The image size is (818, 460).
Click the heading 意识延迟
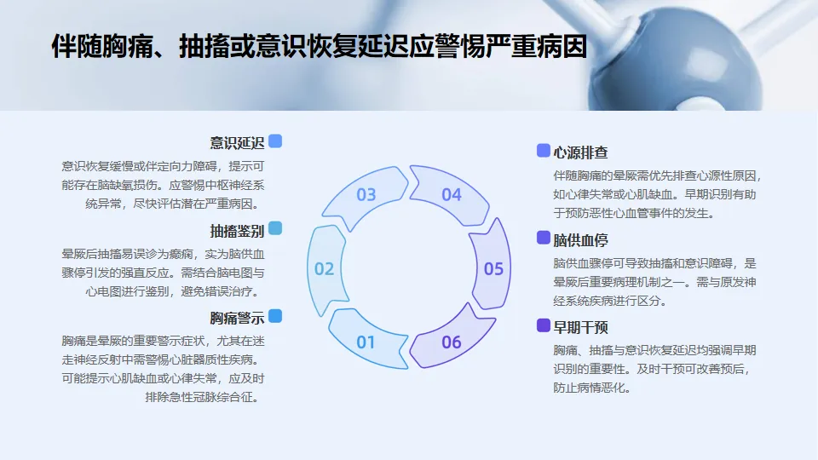pos(237,143)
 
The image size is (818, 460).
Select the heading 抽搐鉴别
pos(237,231)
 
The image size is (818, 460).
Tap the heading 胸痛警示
pos(237,319)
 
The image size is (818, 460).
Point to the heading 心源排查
pos(580,153)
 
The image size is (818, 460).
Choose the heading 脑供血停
pos(580,240)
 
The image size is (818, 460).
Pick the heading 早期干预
pos(580,327)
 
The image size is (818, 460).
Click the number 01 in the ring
pos(366,342)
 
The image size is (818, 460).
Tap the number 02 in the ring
pos(325,269)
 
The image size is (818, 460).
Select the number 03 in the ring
pos(366,194)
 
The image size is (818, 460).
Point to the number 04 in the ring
pos(452,194)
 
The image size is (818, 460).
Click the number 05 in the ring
pos(493,269)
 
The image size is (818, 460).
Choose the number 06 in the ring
pos(452,342)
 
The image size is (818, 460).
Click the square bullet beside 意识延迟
pos(275,141)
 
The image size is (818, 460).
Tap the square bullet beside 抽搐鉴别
pos(275,228)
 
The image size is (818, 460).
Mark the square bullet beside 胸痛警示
pos(275,316)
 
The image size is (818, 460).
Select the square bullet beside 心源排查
pos(543,151)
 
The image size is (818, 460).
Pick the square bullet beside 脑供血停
pos(543,238)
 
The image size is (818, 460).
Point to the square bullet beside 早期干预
pos(543,325)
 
